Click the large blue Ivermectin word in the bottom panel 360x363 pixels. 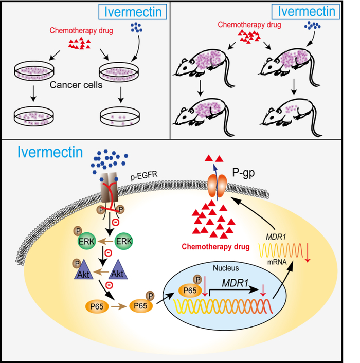50,153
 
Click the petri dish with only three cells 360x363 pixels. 120,116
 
